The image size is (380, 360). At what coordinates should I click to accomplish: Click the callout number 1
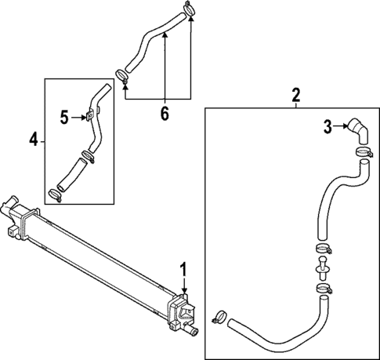[184, 269]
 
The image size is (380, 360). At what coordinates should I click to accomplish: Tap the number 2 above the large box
[296, 96]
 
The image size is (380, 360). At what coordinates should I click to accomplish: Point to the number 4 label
[34, 140]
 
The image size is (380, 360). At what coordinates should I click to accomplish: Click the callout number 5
[66, 118]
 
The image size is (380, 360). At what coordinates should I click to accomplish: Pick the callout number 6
[165, 114]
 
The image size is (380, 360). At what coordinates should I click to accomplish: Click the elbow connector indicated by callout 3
[356, 130]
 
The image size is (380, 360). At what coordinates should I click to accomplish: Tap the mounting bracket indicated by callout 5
[89, 118]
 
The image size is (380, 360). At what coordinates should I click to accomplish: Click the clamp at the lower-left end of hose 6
[121, 76]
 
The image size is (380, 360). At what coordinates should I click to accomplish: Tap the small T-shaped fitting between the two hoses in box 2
[322, 270]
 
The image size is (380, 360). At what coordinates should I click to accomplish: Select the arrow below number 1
[184, 285]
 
